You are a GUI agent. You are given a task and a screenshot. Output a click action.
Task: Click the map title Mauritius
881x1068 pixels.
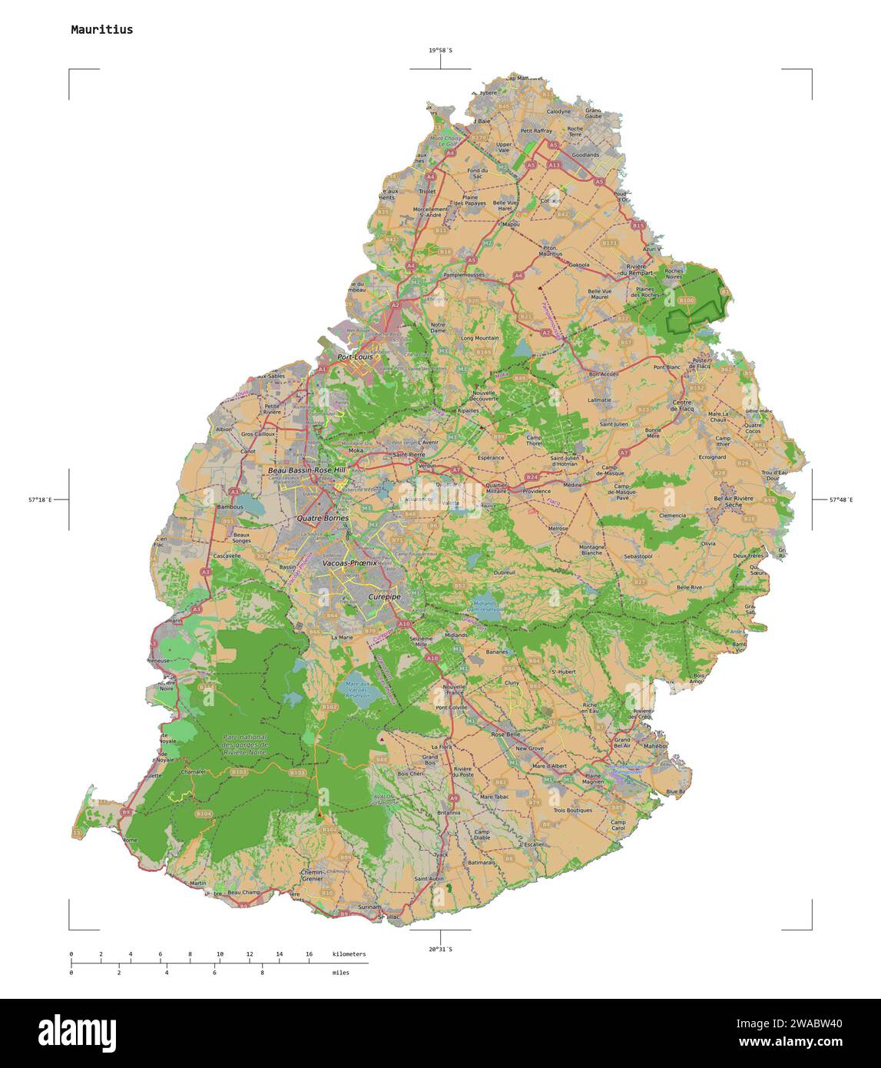[101, 30]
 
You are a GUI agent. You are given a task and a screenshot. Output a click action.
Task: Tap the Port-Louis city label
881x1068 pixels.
[355, 357]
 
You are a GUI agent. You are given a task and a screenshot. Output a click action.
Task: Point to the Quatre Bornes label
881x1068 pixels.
[323, 518]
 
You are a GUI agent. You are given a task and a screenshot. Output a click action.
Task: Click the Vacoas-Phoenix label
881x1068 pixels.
[349, 563]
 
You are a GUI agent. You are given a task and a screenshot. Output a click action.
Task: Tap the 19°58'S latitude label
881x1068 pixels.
[440, 51]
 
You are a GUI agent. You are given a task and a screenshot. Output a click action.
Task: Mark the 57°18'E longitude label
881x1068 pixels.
[40, 499]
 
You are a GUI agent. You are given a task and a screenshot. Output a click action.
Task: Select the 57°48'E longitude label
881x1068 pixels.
[840, 499]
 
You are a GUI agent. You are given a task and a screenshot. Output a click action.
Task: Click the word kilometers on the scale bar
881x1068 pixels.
[349, 954]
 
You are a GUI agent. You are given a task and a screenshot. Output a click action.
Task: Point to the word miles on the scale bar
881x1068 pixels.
[340, 973]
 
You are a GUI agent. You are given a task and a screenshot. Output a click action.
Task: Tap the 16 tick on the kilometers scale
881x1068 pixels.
[309, 954]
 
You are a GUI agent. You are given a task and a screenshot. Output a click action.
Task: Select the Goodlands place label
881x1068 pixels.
[585, 154]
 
